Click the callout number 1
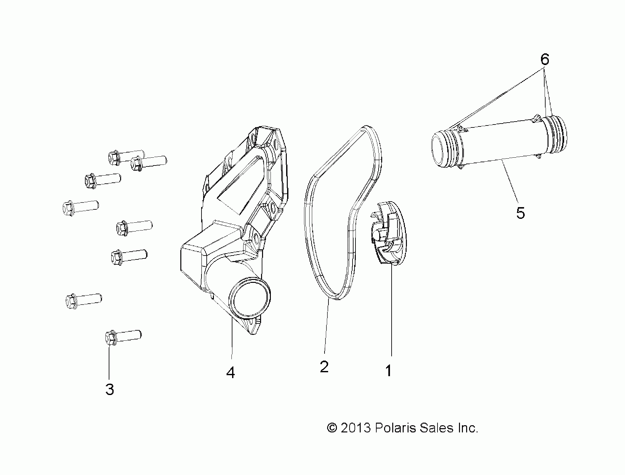click(x=388, y=370)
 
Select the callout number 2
click(x=324, y=366)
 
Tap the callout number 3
click(x=110, y=389)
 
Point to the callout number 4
click(x=230, y=372)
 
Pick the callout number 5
click(x=520, y=213)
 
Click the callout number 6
click(x=545, y=59)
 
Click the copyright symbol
click(x=332, y=428)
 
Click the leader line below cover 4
click(x=231, y=338)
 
